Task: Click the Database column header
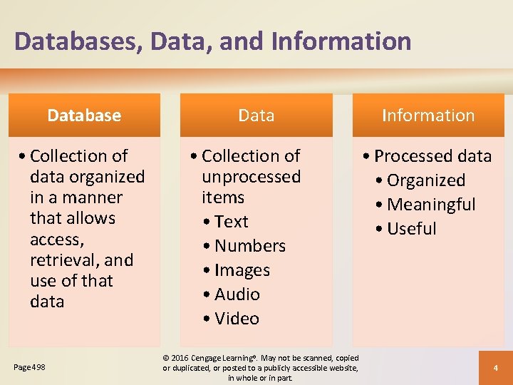tap(84, 115)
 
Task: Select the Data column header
tap(256, 115)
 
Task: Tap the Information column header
tap(428, 115)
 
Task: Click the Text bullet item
tap(232, 222)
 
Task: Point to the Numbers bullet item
tap(250, 246)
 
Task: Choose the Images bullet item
tap(242, 270)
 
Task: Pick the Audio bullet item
tap(237, 294)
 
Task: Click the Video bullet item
tap(237, 319)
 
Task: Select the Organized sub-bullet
tap(426, 180)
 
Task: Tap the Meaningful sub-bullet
tap(431, 205)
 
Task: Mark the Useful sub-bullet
tap(412, 229)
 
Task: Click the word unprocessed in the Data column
tap(251, 176)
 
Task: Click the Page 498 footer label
tap(29, 367)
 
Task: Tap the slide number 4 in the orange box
tap(494, 368)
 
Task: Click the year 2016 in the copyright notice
tap(181, 358)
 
